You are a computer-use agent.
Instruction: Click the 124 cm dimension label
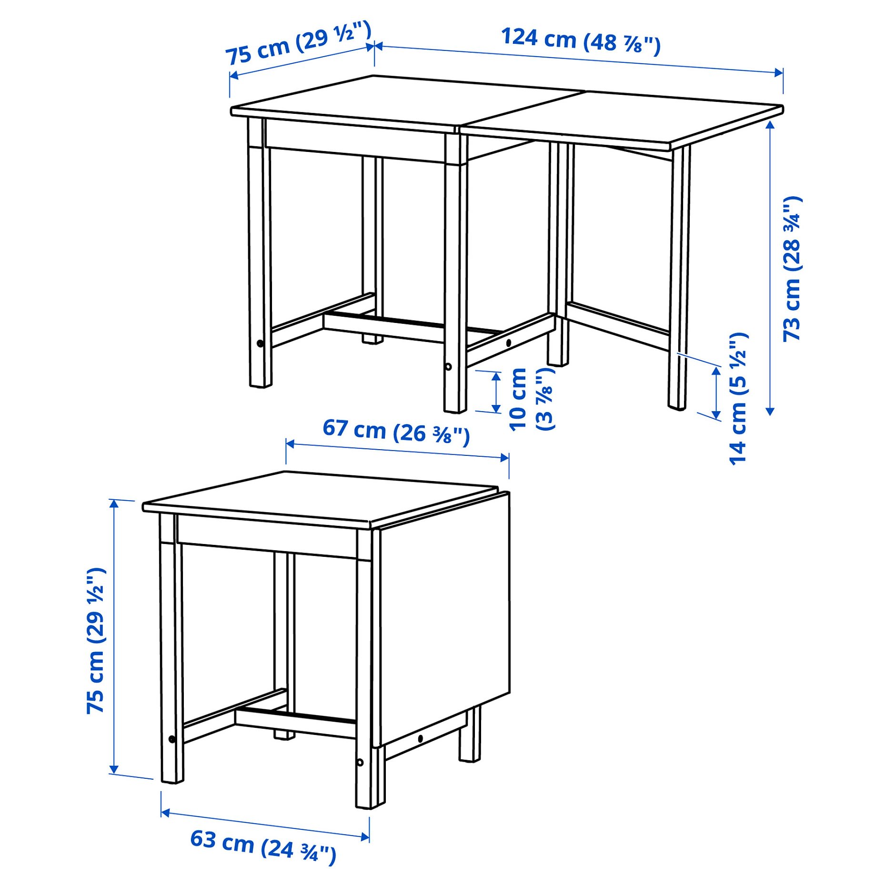pyautogui.click(x=580, y=41)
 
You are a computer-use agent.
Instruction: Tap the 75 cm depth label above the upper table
pyautogui.click(x=298, y=43)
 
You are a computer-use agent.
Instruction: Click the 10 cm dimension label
pyautogui.click(x=531, y=399)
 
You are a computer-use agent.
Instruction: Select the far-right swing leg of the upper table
pyautogui.click(x=679, y=276)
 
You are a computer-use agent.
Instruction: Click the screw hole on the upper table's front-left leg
pyautogui.click(x=260, y=343)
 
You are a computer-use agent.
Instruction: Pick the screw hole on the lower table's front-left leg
pyautogui.click(x=172, y=739)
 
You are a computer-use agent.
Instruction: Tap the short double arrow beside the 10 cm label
pyautogui.click(x=496, y=393)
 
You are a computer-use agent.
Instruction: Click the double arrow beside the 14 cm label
pyautogui.click(x=716, y=393)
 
